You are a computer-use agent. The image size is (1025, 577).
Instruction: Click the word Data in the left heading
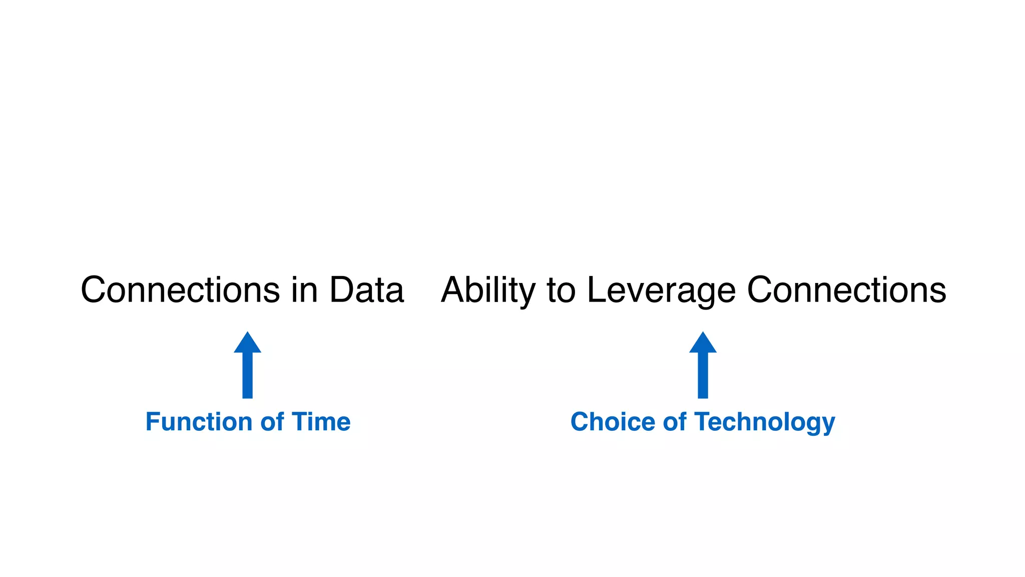(x=366, y=290)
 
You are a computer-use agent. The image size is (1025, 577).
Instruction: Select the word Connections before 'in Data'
(x=180, y=290)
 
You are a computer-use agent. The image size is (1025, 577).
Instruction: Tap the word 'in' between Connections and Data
(x=304, y=290)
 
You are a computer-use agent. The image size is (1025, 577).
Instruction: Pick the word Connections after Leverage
(x=846, y=290)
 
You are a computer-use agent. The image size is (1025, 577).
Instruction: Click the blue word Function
(x=200, y=422)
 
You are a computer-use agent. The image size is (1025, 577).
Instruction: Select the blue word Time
(x=321, y=422)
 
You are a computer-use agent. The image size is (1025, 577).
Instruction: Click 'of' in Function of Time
(x=272, y=422)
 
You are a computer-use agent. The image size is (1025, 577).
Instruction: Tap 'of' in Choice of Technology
(x=675, y=422)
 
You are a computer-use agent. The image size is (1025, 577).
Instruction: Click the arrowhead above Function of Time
(x=247, y=344)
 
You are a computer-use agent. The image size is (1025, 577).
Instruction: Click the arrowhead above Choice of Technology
(x=703, y=344)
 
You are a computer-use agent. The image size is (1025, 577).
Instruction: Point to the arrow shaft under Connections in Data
(x=247, y=376)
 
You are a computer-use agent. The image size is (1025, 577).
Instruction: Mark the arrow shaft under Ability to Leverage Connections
(x=703, y=376)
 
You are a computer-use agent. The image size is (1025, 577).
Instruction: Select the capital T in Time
(x=299, y=422)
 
